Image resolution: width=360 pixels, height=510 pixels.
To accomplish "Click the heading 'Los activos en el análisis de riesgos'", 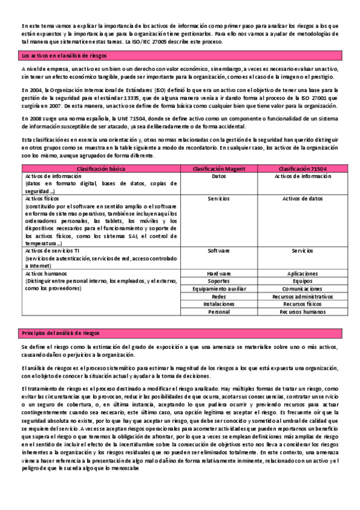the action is click(x=64, y=55).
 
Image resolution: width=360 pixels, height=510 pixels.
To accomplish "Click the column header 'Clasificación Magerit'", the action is click(x=219, y=169).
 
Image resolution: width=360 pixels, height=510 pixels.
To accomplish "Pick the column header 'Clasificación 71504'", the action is click(x=302, y=169).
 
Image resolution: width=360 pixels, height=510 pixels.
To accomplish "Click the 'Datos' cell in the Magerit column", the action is click(x=219, y=176).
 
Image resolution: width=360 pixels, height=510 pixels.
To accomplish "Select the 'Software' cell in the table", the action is click(x=219, y=250).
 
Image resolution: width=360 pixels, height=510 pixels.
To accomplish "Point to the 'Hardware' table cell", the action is click(x=219, y=273).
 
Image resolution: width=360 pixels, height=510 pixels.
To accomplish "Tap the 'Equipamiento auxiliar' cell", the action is click(x=219, y=289).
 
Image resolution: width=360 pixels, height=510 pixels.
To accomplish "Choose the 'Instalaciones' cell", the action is click(x=219, y=304).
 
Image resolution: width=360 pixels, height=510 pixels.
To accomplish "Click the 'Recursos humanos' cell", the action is click(x=302, y=312).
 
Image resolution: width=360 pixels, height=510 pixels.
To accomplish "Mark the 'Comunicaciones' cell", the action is click(x=302, y=289).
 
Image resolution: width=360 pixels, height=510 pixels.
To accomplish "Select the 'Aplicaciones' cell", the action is click(x=302, y=273).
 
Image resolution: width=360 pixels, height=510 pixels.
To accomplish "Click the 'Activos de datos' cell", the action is click(x=302, y=198).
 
